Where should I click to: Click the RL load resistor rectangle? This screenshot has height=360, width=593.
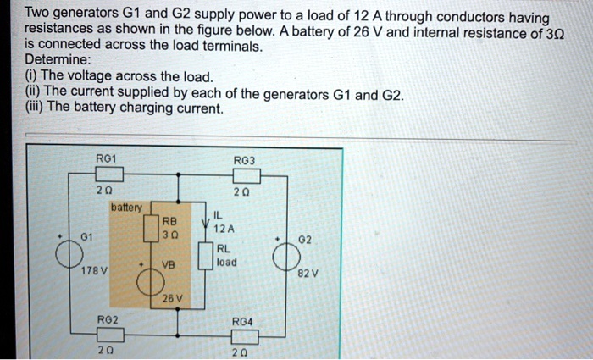pyautogui.click(x=203, y=254)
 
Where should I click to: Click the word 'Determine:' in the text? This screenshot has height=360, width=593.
pyautogui.click(x=55, y=61)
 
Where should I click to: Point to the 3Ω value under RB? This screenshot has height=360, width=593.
pyautogui.click(x=171, y=235)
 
